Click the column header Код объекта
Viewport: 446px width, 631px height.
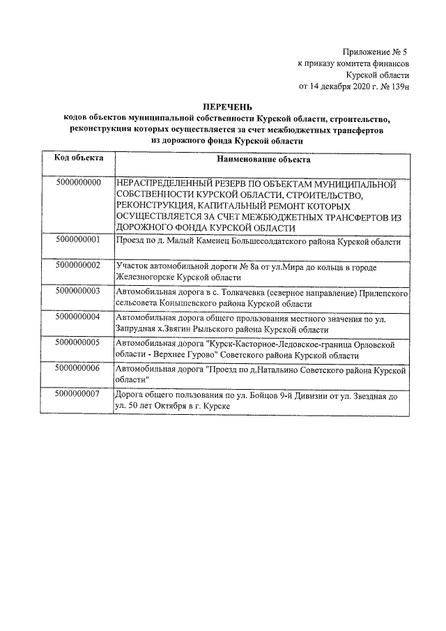coord(79,158)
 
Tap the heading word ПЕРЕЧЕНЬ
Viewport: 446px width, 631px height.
coord(225,106)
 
